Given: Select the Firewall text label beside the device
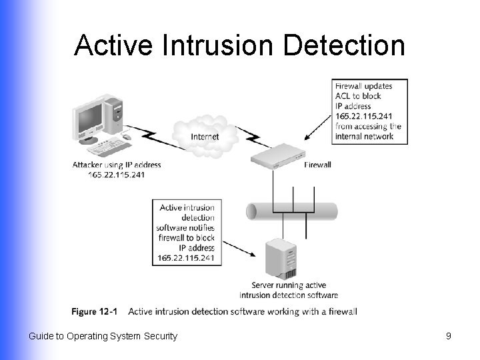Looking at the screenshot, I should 317,165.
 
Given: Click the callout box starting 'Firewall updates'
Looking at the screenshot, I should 370,111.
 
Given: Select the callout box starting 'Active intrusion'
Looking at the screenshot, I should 187,233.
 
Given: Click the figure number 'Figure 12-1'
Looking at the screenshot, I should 94,311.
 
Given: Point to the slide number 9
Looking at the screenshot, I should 448,336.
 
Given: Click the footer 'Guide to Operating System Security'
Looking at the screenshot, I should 103,336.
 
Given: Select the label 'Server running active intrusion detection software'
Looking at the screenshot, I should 288,290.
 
